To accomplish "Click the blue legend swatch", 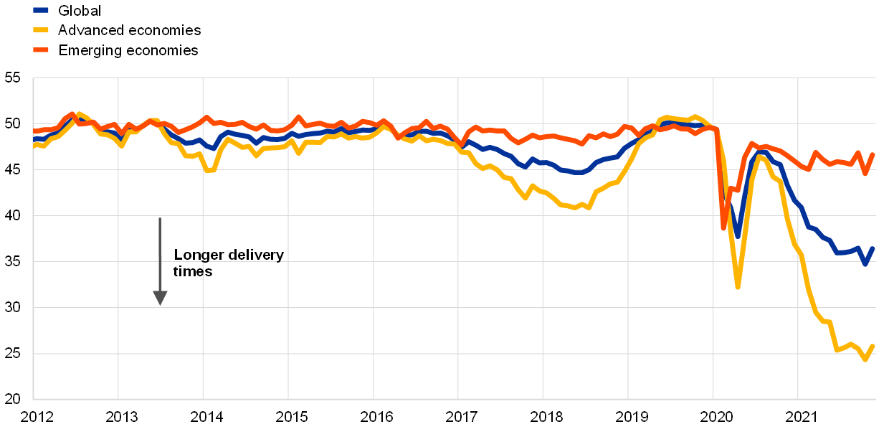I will pyautogui.click(x=41, y=10).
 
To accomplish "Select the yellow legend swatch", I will pyautogui.click(x=41, y=30).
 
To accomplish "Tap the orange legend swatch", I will pyautogui.click(x=41, y=50).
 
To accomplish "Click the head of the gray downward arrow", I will pyautogui.click(x=160, y=298).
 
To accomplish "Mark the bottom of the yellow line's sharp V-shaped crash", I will pyautogui.click(x=738, y=287).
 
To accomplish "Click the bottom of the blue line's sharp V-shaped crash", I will pyautogui.click(x=738, y=235).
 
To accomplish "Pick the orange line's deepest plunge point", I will pyautogui.click(x=724, y=227).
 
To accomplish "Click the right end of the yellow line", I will pyautogui.click(x=873, y=346).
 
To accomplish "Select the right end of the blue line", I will pyautogui.click(x=873, y=248).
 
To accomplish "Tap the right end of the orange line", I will pyautogui.click(x=873, y=154).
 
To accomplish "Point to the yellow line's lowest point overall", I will pyautogui.click(x=865, y=360).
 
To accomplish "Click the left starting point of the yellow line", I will pyautogui.click(x=34, y=145).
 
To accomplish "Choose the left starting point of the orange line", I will pyautogui.click(x=34, y=131).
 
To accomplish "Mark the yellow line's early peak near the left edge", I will pyautogui.click(x=79, y=113).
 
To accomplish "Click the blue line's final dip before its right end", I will pyautogui.click(x=865, y=263).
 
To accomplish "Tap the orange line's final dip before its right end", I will pyautogui.click(x=865, y=173).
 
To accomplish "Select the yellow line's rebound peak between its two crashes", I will pyautogui.click(x=759, y=155).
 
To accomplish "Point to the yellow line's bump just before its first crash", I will pyautogui.click(x=694, y=116).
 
